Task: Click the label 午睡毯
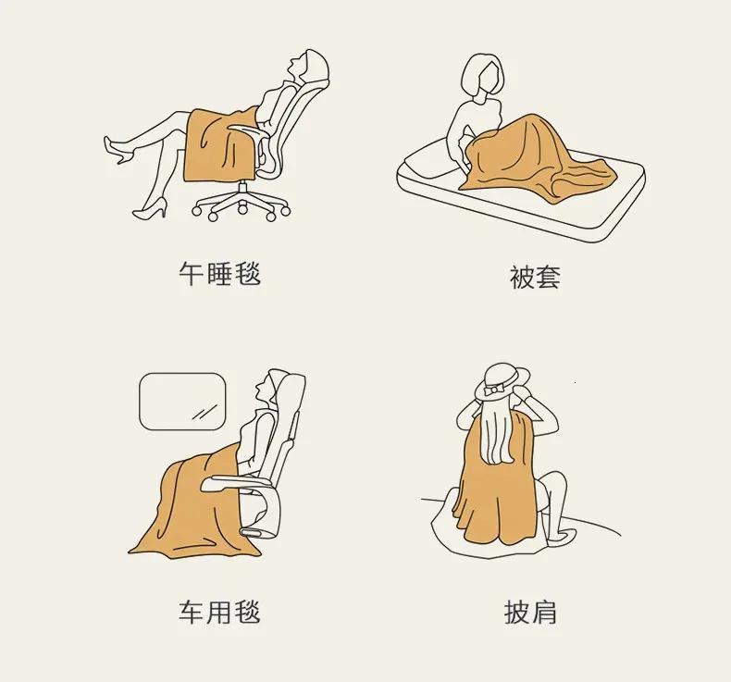pyautogui.click(x=219, y=273)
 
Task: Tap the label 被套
pyautogui.click(x=534, y=277)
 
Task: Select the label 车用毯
pyautogui.click(x=219, y=612)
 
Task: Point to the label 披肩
pyautogui.click(x=530, y=612)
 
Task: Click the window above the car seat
pyautogui.click(x=183, y=402)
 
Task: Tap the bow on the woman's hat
pyautogui.click(x=493, y=390)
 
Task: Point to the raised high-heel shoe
pyautogui.click(x=117, y=149)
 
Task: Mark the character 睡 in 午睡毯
pyautogui.click(x=219, y=273)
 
